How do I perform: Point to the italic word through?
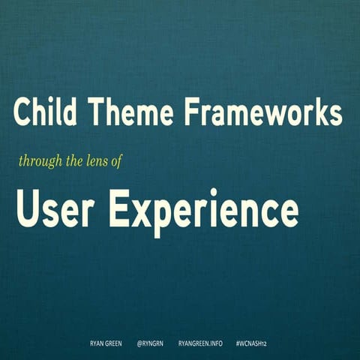tap(37, 160)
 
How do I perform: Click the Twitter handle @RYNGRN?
tap(151, 343)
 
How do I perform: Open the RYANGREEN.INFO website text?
tap(200, 343)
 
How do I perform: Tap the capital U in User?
tap(27, 208)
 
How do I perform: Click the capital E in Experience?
tap(118, 208)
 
